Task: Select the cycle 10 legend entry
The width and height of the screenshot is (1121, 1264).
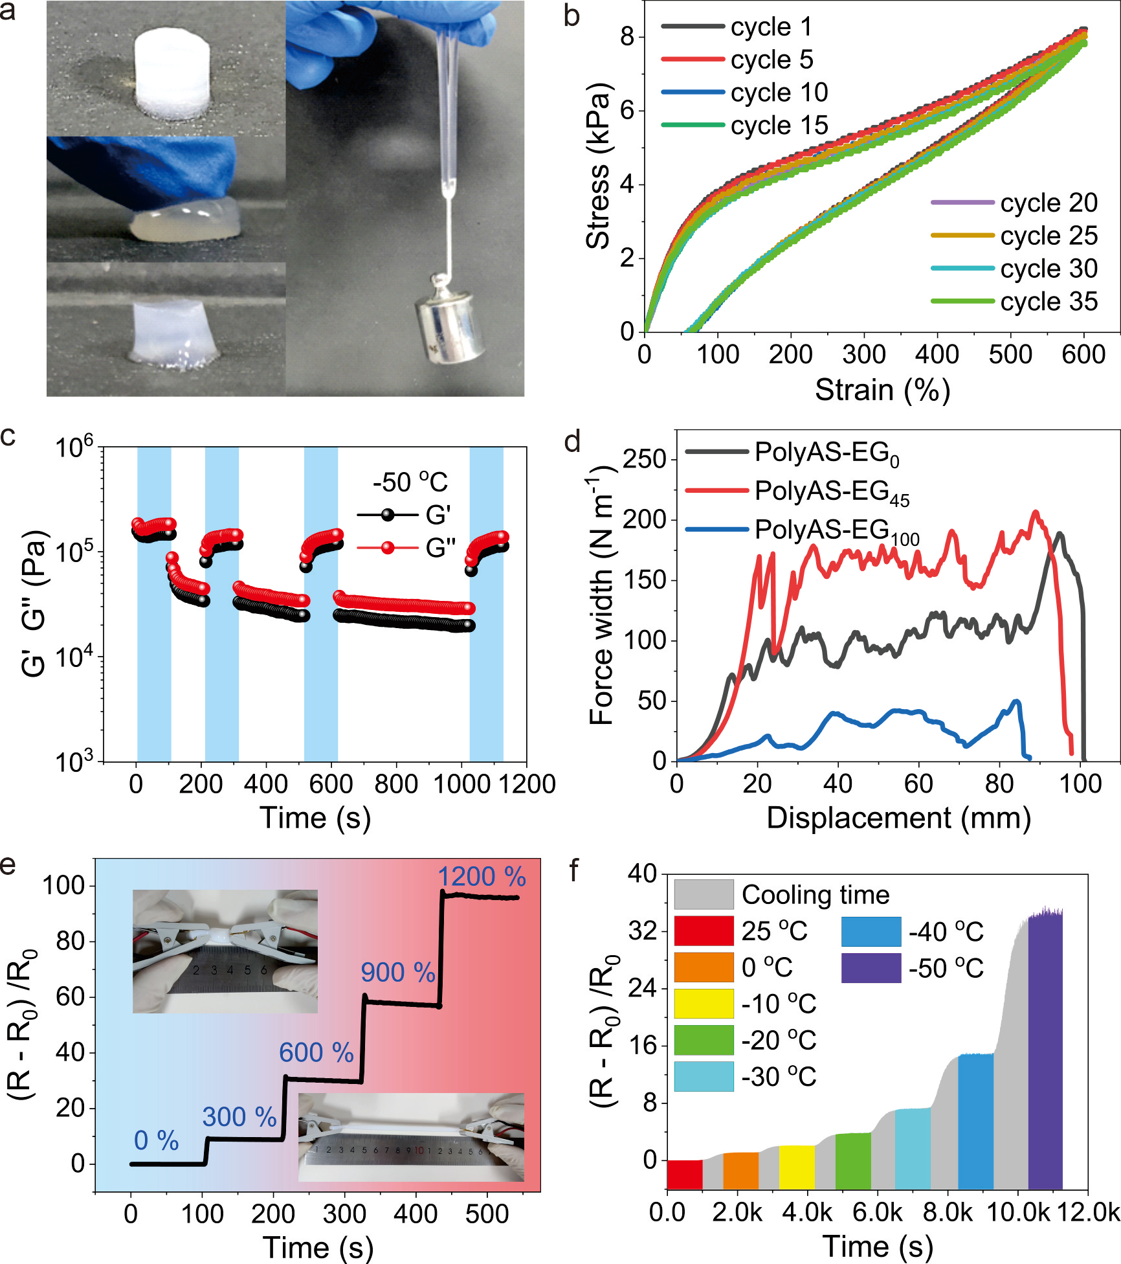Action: coord(744,93)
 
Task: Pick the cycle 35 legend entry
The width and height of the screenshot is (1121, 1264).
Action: coord(1014,301)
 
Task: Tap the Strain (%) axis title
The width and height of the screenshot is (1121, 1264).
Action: coord(882,390)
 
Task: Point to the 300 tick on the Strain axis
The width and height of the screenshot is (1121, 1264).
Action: coord(864,355)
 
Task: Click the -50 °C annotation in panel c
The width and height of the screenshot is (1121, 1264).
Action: coord(410,482)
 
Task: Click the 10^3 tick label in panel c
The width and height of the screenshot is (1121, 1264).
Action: coord(74,762)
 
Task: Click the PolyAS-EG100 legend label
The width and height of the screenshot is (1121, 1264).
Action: coord(837,531)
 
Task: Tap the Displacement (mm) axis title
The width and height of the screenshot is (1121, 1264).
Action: coord(898,818)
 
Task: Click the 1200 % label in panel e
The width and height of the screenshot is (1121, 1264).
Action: coord(482,877)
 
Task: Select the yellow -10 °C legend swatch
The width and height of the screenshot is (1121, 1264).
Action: coord(704,1004)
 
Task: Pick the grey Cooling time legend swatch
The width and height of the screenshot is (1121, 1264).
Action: coord(704,895)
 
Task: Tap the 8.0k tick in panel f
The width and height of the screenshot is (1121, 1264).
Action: coord(948,1212)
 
